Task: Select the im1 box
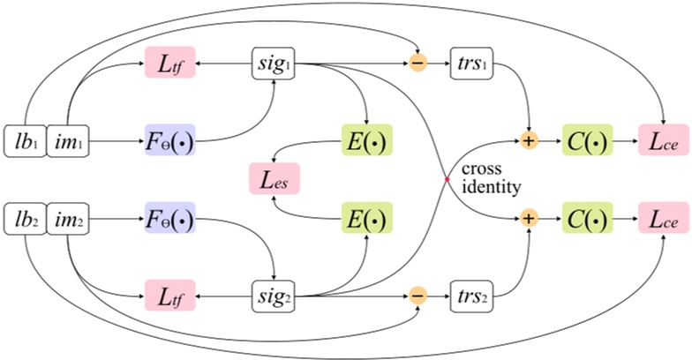(67, 141)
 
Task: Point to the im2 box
(67, 217)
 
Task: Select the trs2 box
(474, 293)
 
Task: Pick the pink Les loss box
(274, 179)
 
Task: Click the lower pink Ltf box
(168, 293)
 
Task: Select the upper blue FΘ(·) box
(168, 141)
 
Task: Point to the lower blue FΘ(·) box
(168, 217)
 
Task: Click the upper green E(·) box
(365, 141)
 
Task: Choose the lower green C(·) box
(586, 217)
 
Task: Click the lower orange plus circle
(529, 217)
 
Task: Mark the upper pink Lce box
(662, 141)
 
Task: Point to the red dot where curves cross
(447, 179)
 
